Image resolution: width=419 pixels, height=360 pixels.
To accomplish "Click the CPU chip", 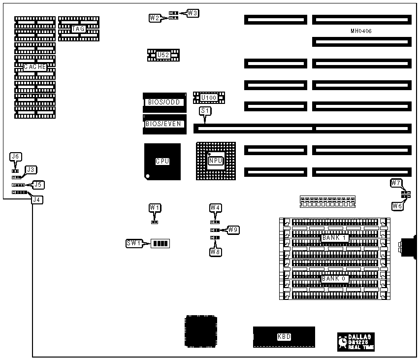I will [162, 161].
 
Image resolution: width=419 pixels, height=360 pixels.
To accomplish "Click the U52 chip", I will [163, 55].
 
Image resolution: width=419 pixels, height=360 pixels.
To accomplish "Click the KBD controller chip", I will [284, 337].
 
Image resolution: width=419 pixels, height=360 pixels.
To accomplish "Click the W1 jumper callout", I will [155, 208].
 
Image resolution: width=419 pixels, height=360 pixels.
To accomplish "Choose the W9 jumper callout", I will [233, 229].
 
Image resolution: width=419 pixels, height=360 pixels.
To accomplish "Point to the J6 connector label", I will [16, 157].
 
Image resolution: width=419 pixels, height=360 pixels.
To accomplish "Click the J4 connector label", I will [36, 199].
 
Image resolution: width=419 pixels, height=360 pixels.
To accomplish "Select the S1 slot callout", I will [205, 112].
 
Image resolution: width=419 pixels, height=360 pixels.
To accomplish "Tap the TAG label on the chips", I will [78, 29].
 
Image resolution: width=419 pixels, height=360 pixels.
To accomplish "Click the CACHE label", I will [35, 67].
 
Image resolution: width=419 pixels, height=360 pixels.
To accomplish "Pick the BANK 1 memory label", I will [335, 238].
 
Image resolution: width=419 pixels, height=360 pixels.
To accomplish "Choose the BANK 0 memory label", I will [335, 279].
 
